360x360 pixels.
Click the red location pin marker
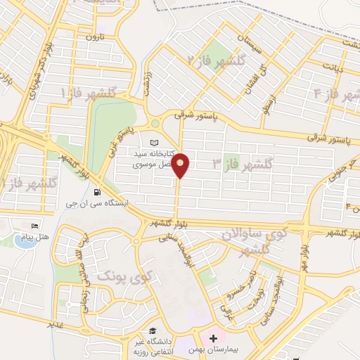tap(181, 164)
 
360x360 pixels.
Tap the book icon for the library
tap(154, 142)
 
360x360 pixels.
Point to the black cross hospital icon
tap(213, 339)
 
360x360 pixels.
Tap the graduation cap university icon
tap(152, 330)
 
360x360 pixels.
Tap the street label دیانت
tap(333, 67)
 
